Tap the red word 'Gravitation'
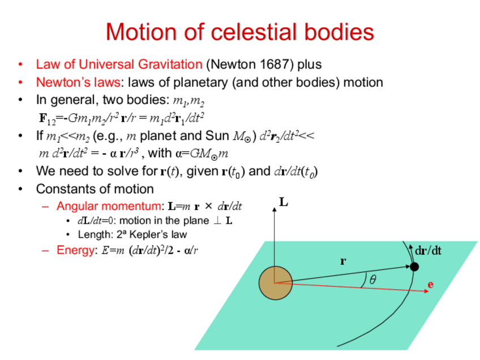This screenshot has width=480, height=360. click(170, 65)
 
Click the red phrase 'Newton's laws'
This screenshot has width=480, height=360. click(78, 82)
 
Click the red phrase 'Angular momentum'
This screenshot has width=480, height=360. click(109, 206)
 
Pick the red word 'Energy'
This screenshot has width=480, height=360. click(75, 250)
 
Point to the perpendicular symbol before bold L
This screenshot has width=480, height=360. click(217, 220)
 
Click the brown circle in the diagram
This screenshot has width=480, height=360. click(276, 283)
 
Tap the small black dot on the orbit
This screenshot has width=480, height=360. click(414, 267)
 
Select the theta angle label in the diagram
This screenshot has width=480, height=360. click(372, 280)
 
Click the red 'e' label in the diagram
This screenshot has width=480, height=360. click(430, 285)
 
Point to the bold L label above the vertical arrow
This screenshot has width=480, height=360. click(284, 202)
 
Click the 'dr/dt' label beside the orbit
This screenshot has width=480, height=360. click(428, 251)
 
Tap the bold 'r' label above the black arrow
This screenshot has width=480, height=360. click(343, 261)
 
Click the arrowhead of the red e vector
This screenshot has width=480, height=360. click(426, 291)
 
